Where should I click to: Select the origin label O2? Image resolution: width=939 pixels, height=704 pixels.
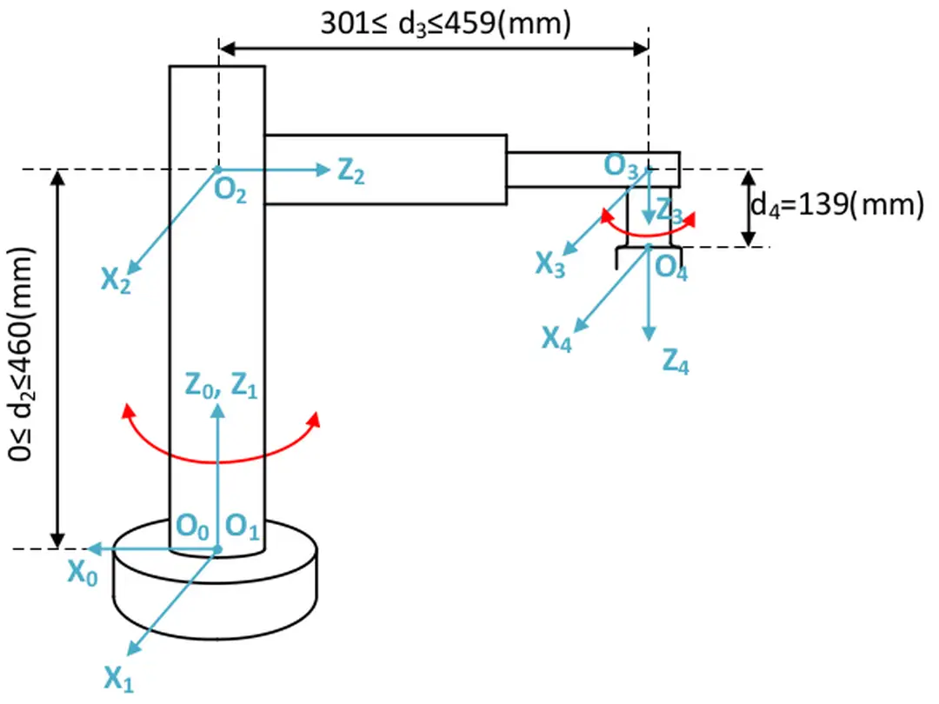[230, 191]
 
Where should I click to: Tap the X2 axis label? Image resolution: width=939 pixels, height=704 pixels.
[116, 281]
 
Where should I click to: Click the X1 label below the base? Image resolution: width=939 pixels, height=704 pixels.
[119, 677]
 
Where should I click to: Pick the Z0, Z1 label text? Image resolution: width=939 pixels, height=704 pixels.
[221, 385]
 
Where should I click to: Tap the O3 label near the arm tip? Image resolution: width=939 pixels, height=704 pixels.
[622, 166]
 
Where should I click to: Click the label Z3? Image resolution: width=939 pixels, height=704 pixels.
[669, 211]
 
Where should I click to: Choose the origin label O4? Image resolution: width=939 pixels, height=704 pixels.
[671, 267]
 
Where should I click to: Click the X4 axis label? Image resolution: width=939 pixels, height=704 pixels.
[557, 337]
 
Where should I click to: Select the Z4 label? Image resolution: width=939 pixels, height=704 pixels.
[676, 359]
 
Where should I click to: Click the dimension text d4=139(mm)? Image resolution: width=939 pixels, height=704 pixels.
[836, 206]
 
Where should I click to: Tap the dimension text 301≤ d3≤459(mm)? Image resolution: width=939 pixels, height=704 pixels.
[445, 23]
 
